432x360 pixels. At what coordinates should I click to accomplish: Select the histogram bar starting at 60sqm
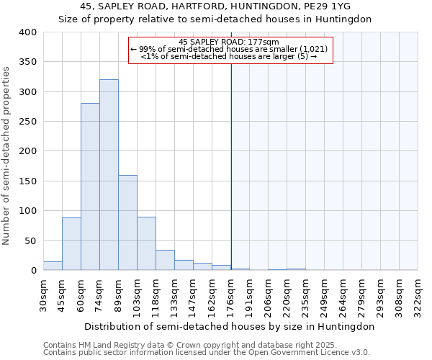pos(90,187)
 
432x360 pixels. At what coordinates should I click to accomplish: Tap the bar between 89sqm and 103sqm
pos(127,222)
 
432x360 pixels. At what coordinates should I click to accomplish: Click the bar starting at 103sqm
pos(146,243)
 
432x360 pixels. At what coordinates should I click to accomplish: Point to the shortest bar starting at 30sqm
pos(53,266)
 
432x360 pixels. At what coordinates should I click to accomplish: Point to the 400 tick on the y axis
pos(27,32)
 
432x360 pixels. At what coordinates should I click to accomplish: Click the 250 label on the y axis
pos(27,122)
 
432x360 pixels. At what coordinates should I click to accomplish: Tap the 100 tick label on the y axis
pos(27,211)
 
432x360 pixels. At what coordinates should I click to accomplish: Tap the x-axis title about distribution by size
pos(229,326)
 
